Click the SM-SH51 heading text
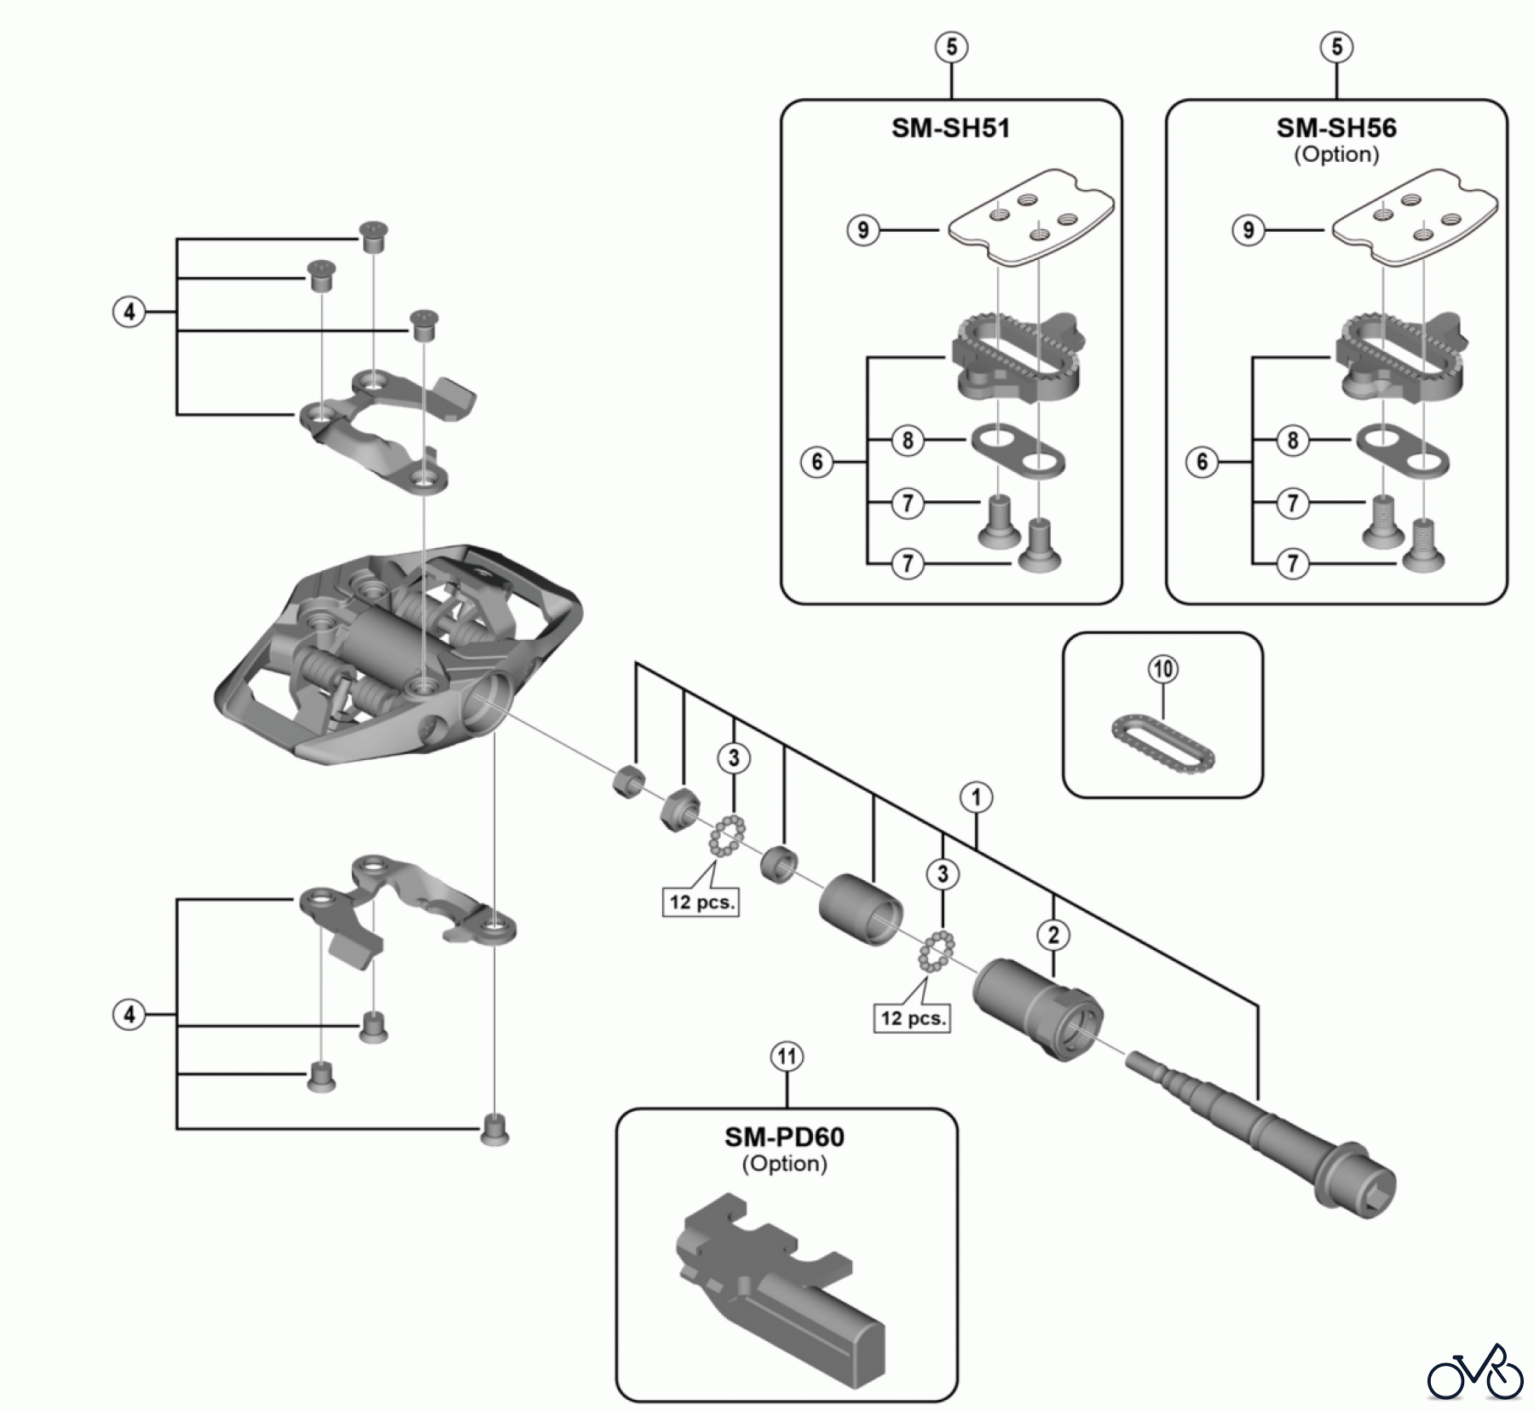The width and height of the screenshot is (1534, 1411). click(x=950, y=129)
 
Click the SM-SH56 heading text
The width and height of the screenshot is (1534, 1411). click(x=1335, y=129)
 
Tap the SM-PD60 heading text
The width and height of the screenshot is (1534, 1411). click(x=784, y=1137)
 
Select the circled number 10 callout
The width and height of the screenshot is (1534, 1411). click(x=1163, y=669)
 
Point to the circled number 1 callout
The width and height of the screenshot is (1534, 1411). click(x=976, y=798)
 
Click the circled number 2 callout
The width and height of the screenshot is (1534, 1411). click(x=1053, y=936)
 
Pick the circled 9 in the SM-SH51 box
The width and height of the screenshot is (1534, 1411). click(x=863, y=230)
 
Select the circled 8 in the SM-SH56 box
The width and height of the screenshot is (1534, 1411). click(x=1292, y=441)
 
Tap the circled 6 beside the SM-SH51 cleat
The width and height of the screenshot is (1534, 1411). click(x=816, y=463)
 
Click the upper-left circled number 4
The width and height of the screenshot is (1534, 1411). click(x=129, y=312)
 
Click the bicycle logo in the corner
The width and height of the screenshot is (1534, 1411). click(x=1474, y=1371)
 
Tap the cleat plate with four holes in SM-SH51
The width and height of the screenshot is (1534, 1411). click(x=1027, y=217)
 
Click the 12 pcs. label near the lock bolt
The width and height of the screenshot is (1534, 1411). click(x=911, y=1018)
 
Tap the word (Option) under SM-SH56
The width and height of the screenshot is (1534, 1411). click(x=1335, y=155)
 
